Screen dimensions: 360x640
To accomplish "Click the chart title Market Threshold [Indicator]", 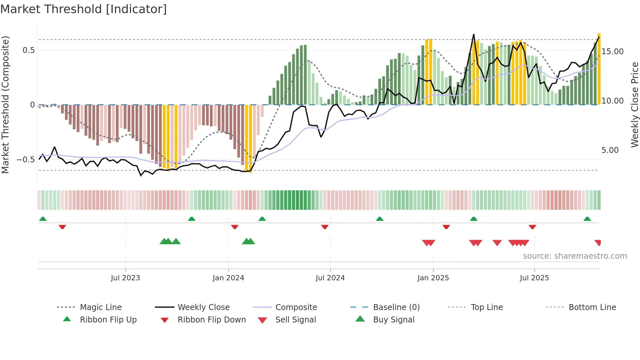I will click(84, 9).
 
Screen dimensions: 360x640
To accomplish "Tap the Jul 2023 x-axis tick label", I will click(125, 278).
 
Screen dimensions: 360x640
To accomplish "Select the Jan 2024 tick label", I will click(228, 278).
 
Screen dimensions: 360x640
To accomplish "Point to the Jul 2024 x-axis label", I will click(330, 278).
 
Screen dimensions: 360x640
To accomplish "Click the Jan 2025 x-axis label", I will click(433, 278).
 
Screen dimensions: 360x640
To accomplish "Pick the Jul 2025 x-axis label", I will click(534, 278).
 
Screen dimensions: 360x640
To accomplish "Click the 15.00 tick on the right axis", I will click(613, 52).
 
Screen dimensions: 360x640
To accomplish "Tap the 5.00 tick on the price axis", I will click(610, 150).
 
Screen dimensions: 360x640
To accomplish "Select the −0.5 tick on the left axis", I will click(26, 160).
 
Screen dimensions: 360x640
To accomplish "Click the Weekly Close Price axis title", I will click(634, 105).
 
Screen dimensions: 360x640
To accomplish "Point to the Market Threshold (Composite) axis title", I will click(5, 105).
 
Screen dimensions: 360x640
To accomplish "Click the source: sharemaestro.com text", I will click(575, 256).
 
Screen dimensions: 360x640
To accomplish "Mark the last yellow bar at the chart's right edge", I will click(599, 69).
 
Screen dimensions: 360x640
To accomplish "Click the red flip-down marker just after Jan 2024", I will click(234, 227).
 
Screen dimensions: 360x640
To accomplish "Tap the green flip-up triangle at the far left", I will click(43, 219).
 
